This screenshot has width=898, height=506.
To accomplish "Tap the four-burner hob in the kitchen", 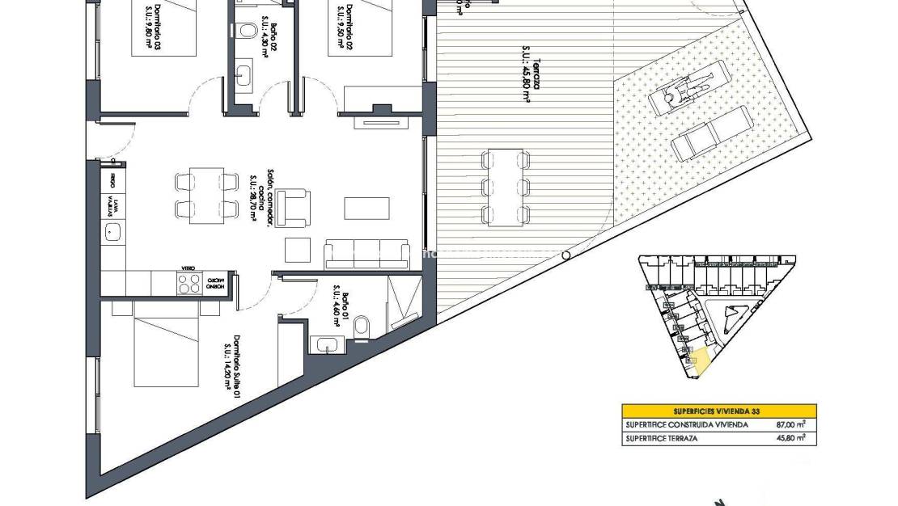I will tap(188, 284).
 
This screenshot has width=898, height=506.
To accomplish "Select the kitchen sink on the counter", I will tap(112, 234).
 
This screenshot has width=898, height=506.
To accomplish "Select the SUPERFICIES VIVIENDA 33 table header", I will tap(718, 411).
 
